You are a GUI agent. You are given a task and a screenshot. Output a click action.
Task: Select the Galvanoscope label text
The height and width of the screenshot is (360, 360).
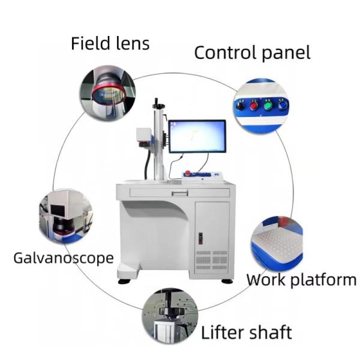tap(64, 259)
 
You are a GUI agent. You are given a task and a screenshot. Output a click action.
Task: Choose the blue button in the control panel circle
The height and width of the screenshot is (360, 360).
tap(282, 106)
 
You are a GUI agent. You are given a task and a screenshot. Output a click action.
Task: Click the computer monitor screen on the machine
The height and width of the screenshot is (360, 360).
tap(197, 136)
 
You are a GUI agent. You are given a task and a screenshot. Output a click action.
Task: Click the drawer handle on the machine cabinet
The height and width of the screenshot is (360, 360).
tap(178, 193)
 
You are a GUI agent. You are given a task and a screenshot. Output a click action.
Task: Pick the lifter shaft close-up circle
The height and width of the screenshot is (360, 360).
tap(170, 316)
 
